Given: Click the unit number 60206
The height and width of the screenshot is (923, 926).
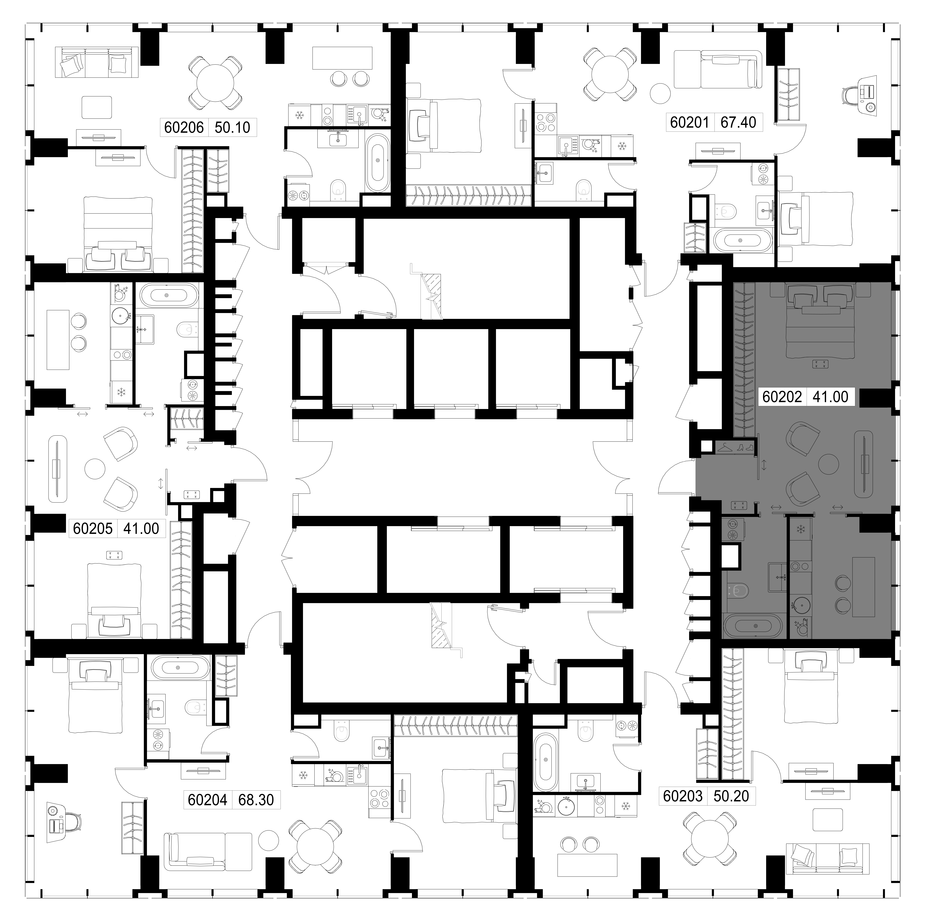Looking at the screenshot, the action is click(184, 128).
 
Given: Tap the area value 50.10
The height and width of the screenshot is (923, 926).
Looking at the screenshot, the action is click(232, 128).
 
